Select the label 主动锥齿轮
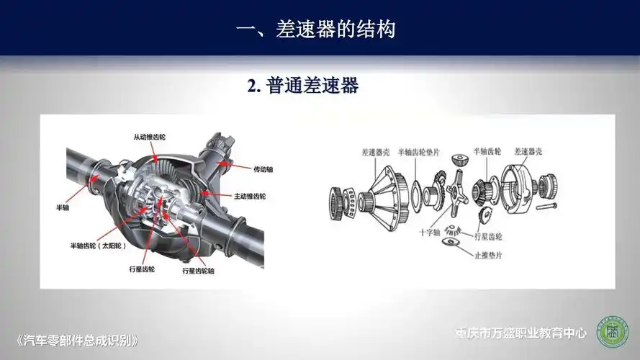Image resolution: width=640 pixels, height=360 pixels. tap(250, 196)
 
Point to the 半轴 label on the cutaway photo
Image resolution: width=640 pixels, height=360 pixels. tap(63, 207)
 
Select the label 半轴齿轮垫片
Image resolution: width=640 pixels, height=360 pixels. tap(425, 153)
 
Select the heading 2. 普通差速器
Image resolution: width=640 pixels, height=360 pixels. tap(302, 86)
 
